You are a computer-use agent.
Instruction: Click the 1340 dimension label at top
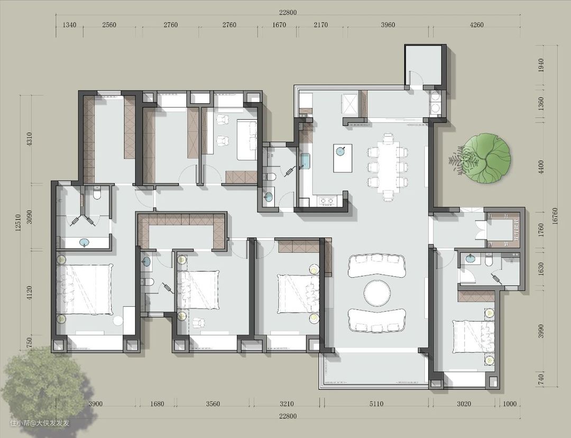(70, 25)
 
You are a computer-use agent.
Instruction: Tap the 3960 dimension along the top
(388, 25)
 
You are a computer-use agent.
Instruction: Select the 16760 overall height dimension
(555, 217)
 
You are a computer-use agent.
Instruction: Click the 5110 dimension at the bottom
(376, 404)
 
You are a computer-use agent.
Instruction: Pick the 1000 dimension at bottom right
(510, 404)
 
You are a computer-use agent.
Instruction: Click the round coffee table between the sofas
(377, 293)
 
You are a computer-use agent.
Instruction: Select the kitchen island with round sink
(343, 158)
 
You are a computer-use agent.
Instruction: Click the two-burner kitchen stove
(326, 200)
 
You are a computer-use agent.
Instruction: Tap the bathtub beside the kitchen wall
(305, 161)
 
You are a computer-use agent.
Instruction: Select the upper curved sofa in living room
(376, 265)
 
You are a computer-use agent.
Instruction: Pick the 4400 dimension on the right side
(541, 167)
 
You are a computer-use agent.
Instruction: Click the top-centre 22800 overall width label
(288, 12)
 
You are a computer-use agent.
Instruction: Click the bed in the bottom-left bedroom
(84, 289)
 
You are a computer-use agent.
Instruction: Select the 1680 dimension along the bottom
(157, 404)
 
